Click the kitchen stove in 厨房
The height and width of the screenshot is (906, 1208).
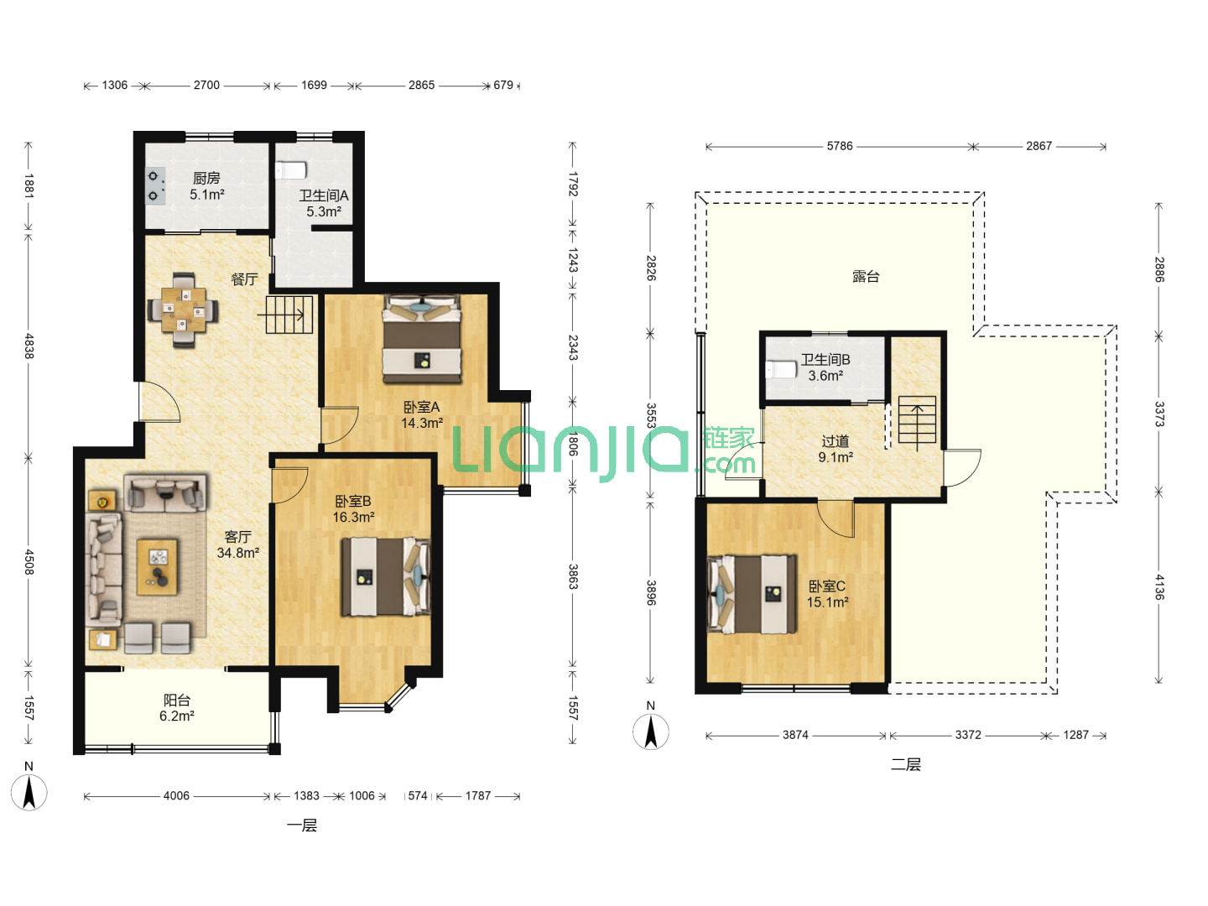(155, 186)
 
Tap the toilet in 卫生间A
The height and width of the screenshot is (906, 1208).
(291, 170)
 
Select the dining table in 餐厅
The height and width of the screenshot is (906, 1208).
(183, 310)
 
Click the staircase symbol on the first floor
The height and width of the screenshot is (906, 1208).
(289, 315)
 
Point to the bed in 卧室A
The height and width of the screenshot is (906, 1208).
(422, 338)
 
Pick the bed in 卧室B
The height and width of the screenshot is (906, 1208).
(386, 576)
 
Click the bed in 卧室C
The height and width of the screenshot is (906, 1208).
(752, 594)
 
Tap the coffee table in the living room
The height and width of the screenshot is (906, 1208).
(158, 566)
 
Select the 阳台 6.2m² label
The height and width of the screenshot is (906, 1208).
(177, 708)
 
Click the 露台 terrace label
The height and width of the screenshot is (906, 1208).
(866, 276)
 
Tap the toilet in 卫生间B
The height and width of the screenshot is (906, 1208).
(782, 369)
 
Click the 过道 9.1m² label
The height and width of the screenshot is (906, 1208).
(836, 449)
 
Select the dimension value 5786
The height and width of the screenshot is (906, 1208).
(840, 146)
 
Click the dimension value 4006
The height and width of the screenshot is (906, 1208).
(176, 795)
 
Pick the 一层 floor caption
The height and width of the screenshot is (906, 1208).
(302, 825)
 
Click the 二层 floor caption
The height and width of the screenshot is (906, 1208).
(906, 764)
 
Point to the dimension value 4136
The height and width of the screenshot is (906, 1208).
(1159, 587)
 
